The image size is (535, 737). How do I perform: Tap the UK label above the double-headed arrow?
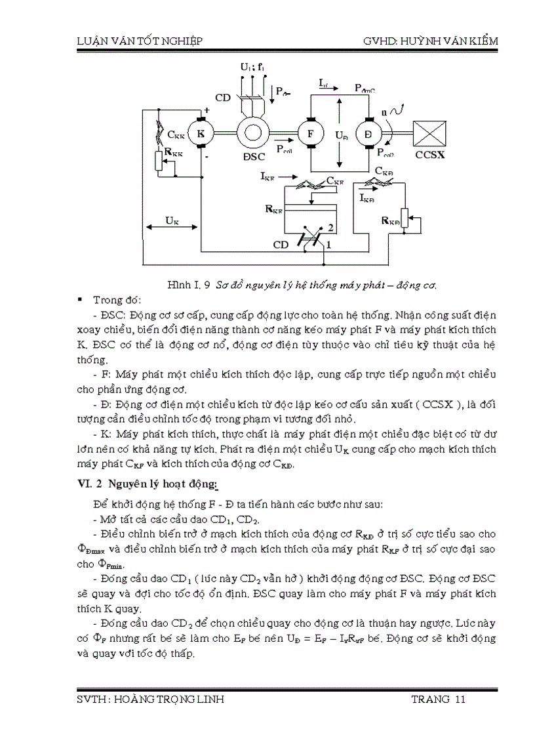[172, 221]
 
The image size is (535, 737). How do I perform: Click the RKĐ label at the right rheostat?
[391, 221]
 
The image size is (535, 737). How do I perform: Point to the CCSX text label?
[429, 156]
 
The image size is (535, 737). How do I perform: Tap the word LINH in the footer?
[208, 700]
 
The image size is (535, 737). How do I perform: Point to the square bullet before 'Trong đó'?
[79, 300]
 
